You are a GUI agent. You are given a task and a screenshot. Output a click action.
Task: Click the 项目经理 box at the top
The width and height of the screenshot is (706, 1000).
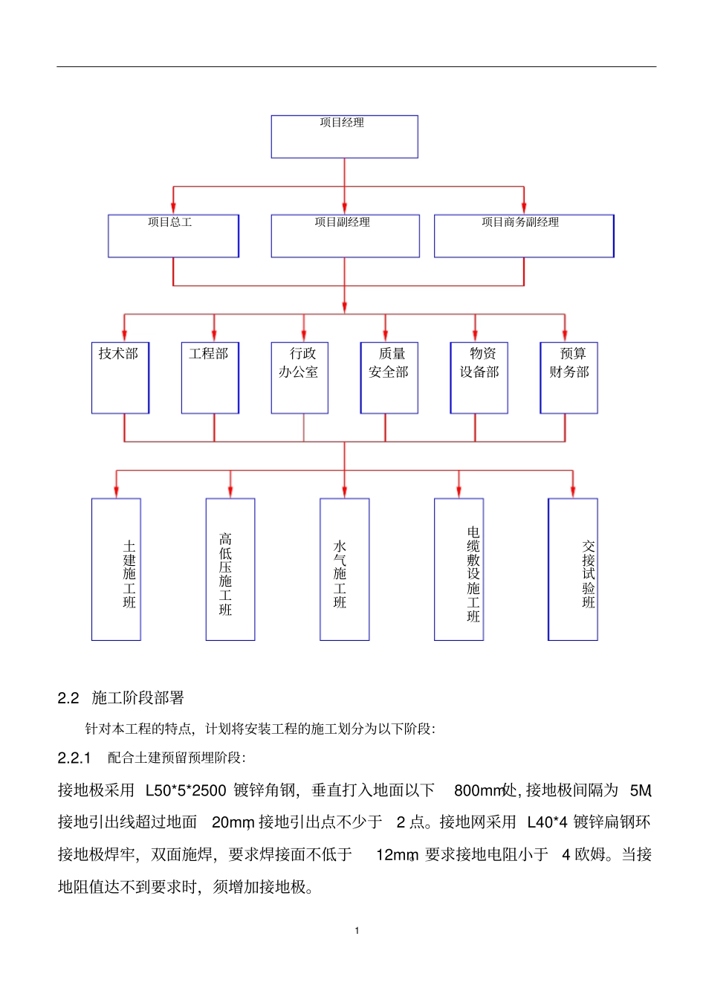344,136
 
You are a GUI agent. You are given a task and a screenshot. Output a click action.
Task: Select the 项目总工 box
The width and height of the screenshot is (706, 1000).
173,236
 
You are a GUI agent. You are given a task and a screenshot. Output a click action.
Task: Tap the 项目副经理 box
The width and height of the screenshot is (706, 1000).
345,236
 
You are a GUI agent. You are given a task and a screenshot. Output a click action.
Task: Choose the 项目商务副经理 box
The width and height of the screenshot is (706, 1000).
524,236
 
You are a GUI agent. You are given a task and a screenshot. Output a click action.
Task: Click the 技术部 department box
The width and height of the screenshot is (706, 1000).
120,378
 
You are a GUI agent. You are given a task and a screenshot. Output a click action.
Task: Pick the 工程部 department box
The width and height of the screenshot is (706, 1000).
210,378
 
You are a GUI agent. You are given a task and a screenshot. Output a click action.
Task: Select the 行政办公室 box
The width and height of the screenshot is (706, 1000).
299,378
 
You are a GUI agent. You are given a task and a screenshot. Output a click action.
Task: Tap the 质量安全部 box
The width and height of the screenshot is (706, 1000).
389,378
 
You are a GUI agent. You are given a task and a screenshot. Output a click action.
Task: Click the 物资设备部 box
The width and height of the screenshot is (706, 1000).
479,378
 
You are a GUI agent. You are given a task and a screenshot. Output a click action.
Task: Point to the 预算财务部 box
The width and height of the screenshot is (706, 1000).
569,378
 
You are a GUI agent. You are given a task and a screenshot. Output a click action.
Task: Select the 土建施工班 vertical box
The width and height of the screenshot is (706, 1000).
116,569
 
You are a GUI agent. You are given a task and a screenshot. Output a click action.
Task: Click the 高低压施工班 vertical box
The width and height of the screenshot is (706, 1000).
230,569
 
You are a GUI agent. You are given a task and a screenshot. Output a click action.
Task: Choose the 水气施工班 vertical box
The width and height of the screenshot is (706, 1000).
345,569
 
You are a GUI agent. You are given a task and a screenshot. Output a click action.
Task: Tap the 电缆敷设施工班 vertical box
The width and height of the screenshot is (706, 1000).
459,569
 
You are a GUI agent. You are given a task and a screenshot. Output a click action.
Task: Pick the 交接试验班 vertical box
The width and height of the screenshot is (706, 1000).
573,569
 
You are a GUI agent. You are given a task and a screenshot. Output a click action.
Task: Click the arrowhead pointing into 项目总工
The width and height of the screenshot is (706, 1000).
173,209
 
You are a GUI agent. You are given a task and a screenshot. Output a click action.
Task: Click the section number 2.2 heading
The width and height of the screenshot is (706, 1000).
68,698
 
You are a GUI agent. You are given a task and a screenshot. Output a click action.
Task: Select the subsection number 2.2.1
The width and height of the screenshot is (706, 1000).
74,758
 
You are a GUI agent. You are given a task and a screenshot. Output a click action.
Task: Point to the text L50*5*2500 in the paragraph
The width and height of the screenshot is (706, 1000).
185,790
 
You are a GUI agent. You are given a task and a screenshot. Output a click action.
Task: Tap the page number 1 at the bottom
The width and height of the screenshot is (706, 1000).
357,930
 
